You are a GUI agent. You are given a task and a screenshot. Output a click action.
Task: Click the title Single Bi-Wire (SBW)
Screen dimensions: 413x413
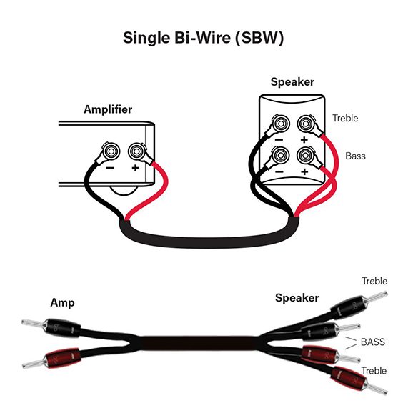pos(204,38)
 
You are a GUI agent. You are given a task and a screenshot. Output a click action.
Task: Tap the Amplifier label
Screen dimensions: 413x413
pos(108,109)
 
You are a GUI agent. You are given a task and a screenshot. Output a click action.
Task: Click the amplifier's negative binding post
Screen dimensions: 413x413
pos(111,151)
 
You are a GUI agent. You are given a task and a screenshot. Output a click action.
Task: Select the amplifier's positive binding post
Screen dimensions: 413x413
pos(136,151)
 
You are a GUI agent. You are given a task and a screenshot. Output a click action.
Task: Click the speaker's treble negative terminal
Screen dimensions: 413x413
pos(281,124)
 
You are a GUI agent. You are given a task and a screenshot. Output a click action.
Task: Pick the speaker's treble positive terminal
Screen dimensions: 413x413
pos(306,124)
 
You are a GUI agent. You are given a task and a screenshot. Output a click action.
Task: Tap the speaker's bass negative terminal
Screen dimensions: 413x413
pos(281,155)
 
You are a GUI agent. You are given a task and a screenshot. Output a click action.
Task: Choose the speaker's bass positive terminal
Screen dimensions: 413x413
pos(305,155)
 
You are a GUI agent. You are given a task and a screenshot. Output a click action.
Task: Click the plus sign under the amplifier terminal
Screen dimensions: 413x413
pos(135,168)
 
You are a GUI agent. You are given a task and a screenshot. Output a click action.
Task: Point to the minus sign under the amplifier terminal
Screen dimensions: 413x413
pos(110,168)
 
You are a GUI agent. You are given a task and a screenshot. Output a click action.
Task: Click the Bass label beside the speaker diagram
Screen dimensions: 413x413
pos(355,156)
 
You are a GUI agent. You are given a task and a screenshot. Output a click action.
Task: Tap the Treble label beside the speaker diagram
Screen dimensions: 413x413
pos(345,118)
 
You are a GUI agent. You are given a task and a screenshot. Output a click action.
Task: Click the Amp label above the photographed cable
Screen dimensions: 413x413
pos(62,303)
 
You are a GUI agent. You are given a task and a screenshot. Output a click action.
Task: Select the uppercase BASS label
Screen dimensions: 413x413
pos(373,342)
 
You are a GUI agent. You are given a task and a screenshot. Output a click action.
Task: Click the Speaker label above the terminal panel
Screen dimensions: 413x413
pos(292,82)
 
